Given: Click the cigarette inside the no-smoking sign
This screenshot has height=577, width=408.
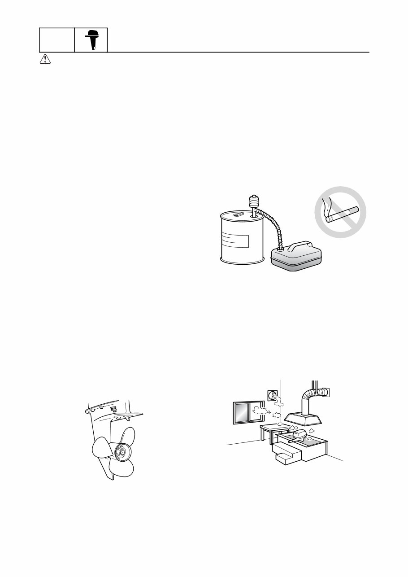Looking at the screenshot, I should (x=342, y=214).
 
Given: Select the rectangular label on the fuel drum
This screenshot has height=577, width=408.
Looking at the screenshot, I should (x=236, y=240).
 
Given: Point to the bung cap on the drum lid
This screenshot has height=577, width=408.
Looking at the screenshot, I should (x=239, y=215).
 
